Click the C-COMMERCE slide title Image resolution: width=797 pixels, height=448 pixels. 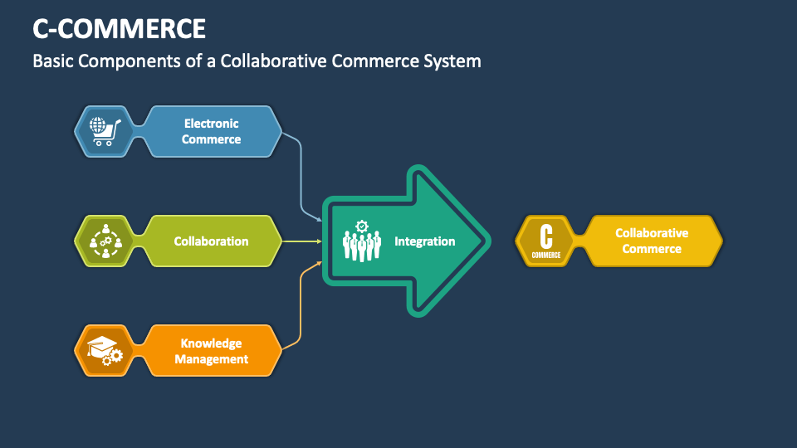coord(120,28)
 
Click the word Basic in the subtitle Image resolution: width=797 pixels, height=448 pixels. coord(54,61)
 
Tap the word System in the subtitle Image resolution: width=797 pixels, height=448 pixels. coord(453,61)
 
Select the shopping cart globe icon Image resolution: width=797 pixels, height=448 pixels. coord(105,131)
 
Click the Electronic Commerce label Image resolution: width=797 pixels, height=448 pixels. coord(211,131)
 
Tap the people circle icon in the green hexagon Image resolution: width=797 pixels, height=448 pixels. coord(105,241)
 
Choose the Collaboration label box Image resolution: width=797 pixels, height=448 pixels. coord(211,241)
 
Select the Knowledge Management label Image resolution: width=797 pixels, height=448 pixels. coord(211,351)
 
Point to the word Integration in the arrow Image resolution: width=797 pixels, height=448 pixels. coord(424,241)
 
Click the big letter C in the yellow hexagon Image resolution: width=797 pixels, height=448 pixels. coord(545,235)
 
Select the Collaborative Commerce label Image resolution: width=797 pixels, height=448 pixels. coord(652,241)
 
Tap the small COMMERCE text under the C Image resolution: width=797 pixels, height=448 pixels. coord(545,255)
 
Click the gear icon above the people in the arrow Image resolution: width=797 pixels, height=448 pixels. coord(361,226)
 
